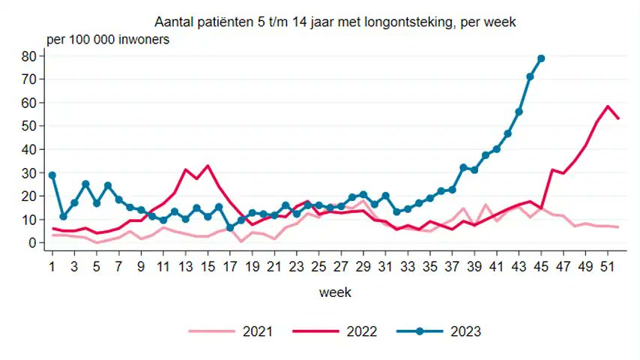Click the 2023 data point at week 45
pyautogui.click(x=541, y=58)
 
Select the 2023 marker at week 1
pyautogui.click(x=52, y=175)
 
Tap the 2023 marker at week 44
pyautogui.click(x=530, y=76)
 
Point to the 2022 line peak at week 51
pyautogui.click(x=608, y=106)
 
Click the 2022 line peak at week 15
pyautogui.click(x=208, y=166)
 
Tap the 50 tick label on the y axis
pyautogui.click(x=29, y=126)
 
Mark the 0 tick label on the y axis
pyautogui.click(x=33, y=243)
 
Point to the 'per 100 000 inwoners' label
pyautogui.click(x=108, y=39)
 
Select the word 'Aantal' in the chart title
pyautogui.click(x=171, y=23)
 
